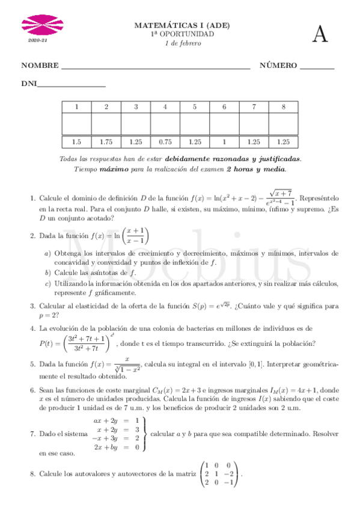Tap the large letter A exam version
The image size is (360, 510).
tap(320, 35)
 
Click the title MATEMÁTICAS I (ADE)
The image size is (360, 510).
tap(182, 26)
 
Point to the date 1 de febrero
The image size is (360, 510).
tap(182, 43)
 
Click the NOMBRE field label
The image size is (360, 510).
tap(40, 66)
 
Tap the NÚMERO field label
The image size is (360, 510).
tap(278, 66)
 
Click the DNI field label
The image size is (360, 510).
tap(29, 84)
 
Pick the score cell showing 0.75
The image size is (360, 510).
tap(165, 142)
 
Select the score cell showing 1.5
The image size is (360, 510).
tap(76, 142)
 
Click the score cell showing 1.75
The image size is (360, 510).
tap(106, 142)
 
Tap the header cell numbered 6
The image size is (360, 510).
tap(224, 107)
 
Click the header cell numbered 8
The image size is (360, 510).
tap(283, 107)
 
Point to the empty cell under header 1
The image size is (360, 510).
tap(76, 124)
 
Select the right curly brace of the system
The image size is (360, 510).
tap(145, 434)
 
